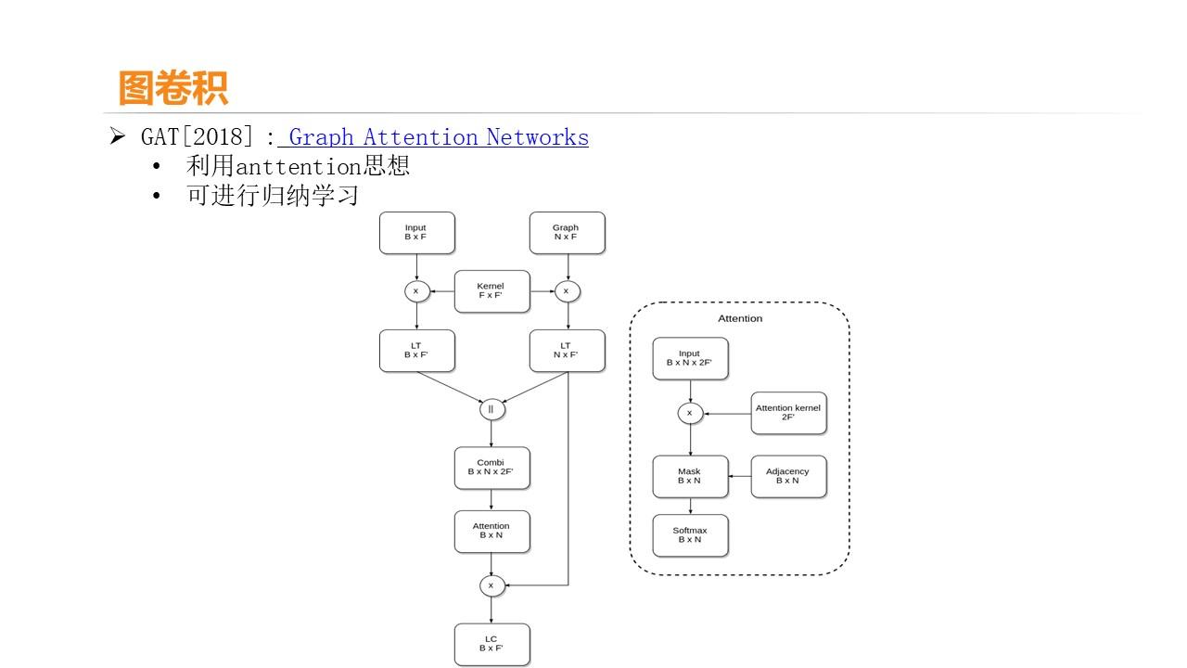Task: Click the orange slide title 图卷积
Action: point(173,88)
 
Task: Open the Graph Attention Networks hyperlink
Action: point(438,137)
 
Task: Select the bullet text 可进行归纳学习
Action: point(272,197)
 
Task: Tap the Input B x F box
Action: point(416,233)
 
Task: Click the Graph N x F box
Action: point(567,233)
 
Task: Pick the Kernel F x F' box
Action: point(491,291)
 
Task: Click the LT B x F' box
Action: point(416,351)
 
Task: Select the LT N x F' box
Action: point(567,351)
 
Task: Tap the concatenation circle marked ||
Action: point(491,409)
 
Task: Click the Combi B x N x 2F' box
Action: point(491,468)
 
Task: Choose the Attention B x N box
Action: point(491,532)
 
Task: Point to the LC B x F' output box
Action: point(491,644)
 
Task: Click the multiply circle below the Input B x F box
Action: point(416,291)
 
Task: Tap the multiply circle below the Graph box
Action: point(567,291)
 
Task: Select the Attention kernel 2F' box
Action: point(788,413)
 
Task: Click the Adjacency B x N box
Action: point(788,476)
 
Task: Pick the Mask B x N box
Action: point(690,476)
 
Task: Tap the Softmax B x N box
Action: point(690,535)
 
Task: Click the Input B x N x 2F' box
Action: point(690,358)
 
